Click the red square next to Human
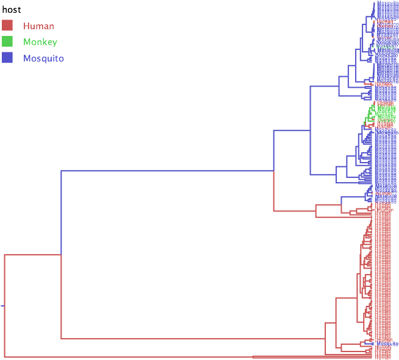(x=7, y=26)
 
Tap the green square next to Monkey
(x=7, y=42)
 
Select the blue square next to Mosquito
(x=7, y=58)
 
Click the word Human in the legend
(x=38, y=26)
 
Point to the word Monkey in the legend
(x=40, y=42)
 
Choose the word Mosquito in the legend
(x=43, y=58)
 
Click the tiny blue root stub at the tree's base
(x=2, y=306)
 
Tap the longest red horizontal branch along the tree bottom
(x=128, y=357)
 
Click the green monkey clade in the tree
(x=376, y=113)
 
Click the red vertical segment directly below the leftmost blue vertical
(x=61, y=297)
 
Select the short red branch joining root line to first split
(x=32, y=255)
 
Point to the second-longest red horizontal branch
(x=192, y=339)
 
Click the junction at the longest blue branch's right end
(x=274, y=171)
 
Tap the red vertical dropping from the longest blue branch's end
(x=274, y=191)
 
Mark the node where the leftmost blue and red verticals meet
(x=61, y=255)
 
